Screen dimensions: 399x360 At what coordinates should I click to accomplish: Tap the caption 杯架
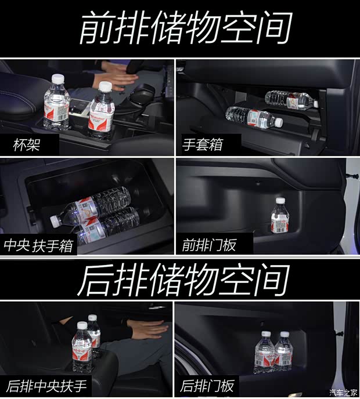tap(27, 145)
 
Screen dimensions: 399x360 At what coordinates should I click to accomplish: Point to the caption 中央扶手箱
tap(38, 245)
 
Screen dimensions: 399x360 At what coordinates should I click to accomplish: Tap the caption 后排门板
tap(207, 385)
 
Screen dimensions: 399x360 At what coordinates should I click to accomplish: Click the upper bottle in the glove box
tap(290, 99)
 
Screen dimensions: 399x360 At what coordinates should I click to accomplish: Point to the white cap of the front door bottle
tap(280, 201)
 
